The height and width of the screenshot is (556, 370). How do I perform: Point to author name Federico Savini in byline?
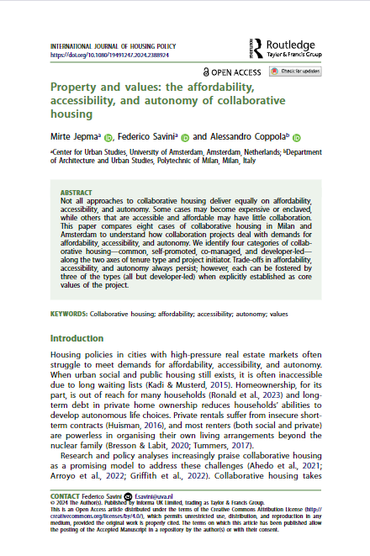(146, 136)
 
